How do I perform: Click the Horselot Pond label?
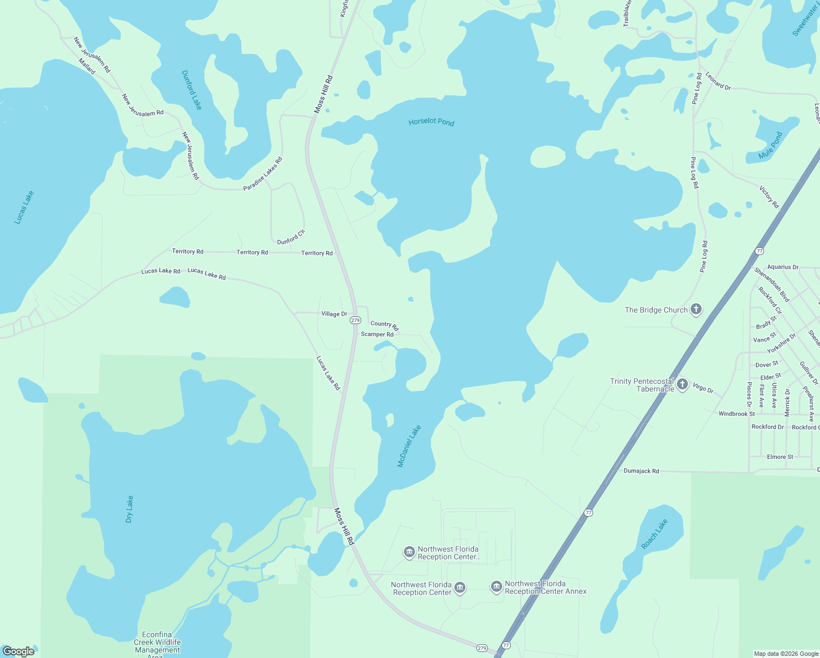[x=431, y=122]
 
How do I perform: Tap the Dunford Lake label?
[x=192, y=89]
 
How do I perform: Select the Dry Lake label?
[x=129, y=509]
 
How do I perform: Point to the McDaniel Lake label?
[x=409, y=446]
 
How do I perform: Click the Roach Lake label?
[x=654, y=534]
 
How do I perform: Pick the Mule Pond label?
[x=771, y=145]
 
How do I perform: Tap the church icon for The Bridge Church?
[x=696, y=309]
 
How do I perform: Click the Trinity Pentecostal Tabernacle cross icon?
[x=682, y=384]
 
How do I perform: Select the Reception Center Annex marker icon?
[x=496, y=587]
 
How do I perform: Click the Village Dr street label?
[x=334, y=314]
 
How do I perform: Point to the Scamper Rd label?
[x=377, y=334]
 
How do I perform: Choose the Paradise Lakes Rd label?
[x=263, y=174]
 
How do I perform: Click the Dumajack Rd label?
[x=641, y=471]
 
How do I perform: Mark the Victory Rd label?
[x=769, y=197]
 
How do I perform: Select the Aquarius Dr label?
[x=783, y=267]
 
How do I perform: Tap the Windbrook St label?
[x=737, y=413]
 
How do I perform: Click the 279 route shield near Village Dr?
[x=355, y=320]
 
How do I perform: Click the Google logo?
[x=19, y=651]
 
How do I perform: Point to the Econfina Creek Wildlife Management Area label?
[x=157, y=642]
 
